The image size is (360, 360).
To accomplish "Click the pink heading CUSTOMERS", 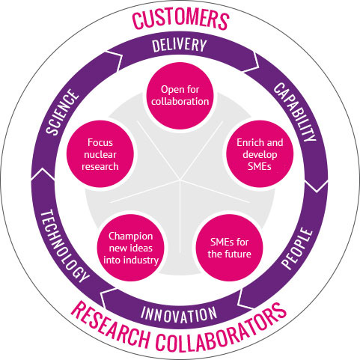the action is point(180,19).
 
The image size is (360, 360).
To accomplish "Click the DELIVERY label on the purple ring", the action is point(180,46).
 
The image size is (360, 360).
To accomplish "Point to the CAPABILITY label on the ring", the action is point(295,112).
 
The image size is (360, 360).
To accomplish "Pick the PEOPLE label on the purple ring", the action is point(297,248).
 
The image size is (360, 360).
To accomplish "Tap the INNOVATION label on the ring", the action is point(179,314).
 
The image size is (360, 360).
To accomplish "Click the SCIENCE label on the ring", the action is point(62,112).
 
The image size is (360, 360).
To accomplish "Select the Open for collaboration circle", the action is point(180,96).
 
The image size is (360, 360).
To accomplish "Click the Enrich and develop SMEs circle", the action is point(260,154).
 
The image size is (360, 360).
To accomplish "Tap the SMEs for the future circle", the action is point(229,248).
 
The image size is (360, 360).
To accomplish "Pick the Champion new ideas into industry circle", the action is point(131,248).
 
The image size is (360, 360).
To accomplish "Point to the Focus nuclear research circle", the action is point(100,154).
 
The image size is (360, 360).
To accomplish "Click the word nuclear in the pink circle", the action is point(100,155).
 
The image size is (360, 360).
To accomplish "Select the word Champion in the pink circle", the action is point(131,237).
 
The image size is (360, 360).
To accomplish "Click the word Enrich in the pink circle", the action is point(247,142).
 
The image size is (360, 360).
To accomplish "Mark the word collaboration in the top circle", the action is point(180,102).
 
